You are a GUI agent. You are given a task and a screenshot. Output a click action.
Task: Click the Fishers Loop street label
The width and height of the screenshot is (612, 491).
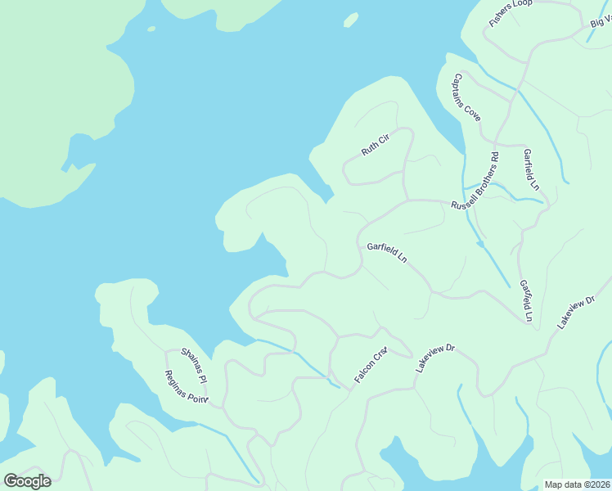(x=511, y=14)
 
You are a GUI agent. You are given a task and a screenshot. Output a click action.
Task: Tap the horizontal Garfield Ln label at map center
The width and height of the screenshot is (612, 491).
(x=387, y=252)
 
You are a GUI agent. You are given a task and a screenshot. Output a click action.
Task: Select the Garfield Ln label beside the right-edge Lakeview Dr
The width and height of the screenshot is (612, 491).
(x=526, y=300)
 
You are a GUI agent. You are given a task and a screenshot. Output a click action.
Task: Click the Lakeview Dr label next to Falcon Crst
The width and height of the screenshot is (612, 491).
(x=434, y=358)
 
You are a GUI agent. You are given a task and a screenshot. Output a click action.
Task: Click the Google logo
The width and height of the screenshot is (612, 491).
(x=27, y=481)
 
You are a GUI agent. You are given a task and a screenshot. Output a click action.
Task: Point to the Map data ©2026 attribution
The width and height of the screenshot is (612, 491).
(x=576, y=484)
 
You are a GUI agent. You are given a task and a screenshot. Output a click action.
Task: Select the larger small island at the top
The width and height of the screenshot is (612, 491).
(x=351, y=19)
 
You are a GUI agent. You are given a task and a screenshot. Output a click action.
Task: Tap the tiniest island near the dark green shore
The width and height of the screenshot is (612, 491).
(x=151, y=29)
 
